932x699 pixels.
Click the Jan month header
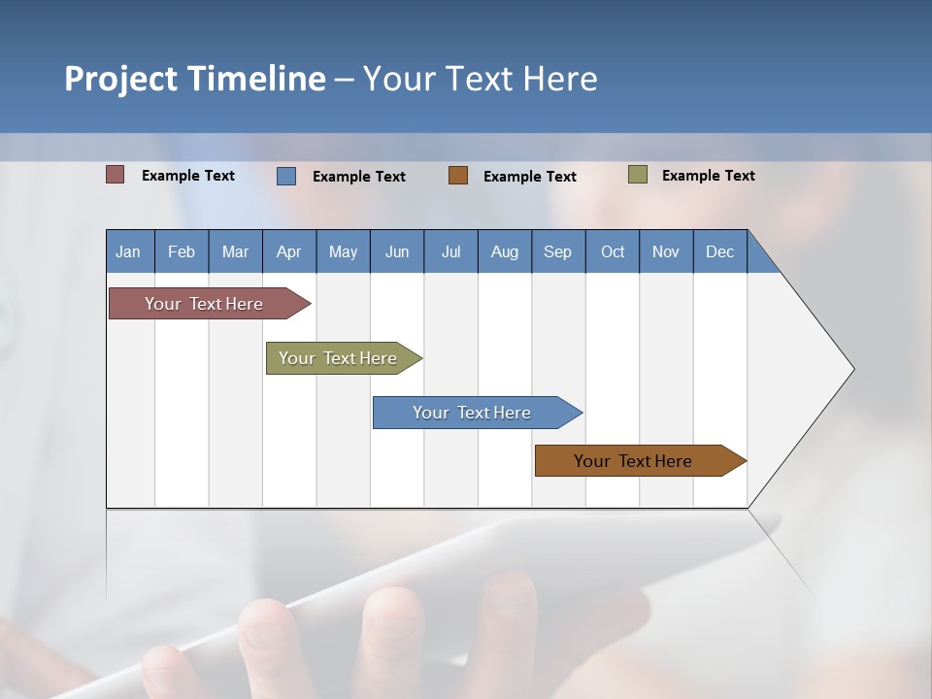(x=129, y=251)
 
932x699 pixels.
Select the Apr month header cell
(x=289, y=251)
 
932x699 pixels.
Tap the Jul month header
(x=450, y=251)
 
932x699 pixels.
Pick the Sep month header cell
(x=558, y=251)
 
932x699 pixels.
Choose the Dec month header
(x=719, y=251)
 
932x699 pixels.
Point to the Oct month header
(x=613, y=251)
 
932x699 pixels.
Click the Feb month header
(x=182, y=251)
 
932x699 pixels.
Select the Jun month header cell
(x=397, y=251)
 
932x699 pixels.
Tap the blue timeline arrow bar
(x=473, y=413)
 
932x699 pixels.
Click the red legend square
(x=116, y=175)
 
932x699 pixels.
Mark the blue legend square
(x=286, y=176)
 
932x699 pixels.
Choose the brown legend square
(x=458, y=176)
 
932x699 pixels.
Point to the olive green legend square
(x=638, y=175)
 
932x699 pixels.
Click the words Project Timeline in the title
(x=195, y=79)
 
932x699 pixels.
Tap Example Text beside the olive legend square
(x=708, y=176)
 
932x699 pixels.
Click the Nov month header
(x=666, y=251)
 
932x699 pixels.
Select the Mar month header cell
(x=235, y=251)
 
